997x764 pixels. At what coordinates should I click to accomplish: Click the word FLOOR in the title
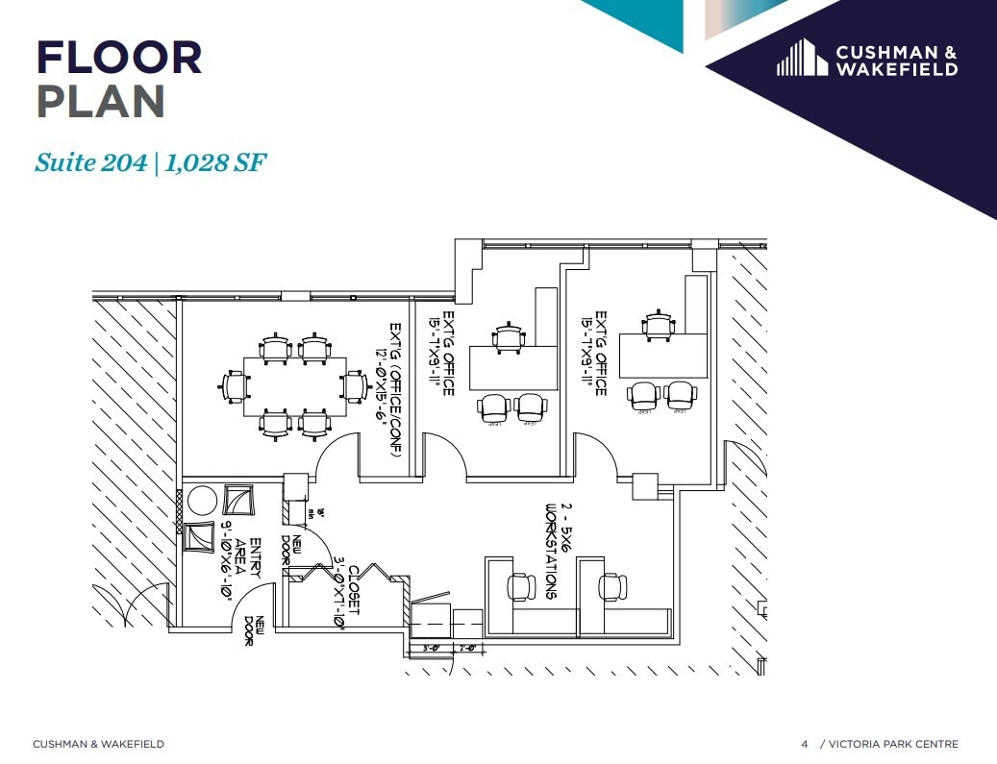pos(119,58)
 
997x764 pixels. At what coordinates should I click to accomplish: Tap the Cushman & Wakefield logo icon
pos(802,58)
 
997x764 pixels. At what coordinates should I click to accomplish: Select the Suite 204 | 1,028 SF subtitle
pos(150,162)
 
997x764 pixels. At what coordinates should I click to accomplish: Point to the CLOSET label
pos(353,590)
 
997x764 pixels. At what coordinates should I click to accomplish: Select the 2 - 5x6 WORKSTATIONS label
pos(559,551)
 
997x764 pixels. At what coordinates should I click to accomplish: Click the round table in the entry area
pos(202,501)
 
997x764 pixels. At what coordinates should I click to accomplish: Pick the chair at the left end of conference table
pos(233,385)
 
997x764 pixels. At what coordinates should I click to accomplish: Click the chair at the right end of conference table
pos(355,385)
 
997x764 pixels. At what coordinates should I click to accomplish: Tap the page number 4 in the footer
pos(805,744)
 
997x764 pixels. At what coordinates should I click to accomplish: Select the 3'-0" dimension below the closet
pos(432,649)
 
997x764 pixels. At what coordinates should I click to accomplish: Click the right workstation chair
pos(612,585)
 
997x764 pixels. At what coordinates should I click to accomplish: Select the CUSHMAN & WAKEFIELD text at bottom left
pos(98,744)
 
